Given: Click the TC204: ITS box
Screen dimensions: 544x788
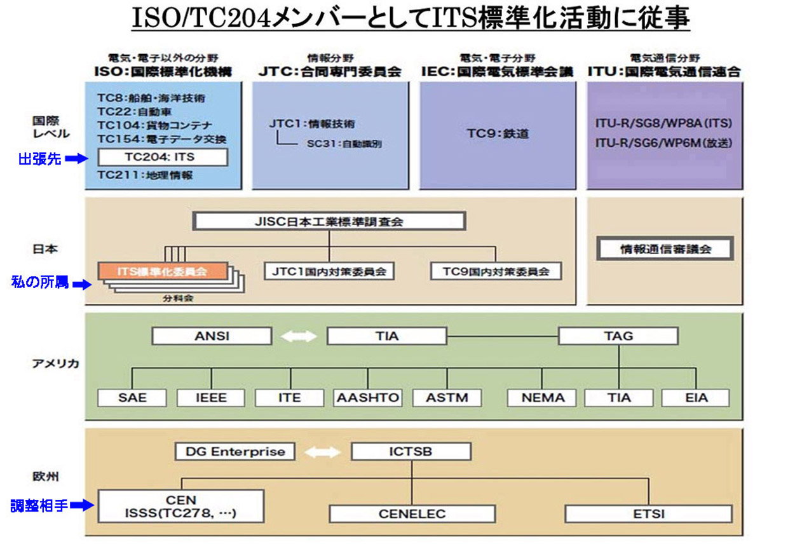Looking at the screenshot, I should point(163,156).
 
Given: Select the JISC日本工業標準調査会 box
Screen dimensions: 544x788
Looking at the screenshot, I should point(329,222).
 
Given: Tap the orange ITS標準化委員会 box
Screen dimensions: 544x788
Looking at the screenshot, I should point(163,271).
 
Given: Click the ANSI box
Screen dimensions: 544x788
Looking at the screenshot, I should point(212,336).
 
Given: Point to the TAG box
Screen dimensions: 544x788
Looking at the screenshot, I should point(618,336).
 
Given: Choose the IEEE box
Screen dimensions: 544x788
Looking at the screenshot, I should point(211,398).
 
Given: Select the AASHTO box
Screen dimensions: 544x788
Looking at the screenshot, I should point(368,398).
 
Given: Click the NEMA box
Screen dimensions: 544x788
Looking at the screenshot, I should point(543,398).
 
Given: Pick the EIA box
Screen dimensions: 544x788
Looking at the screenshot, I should point(695,398).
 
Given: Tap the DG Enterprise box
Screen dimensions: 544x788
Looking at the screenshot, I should point(235,452).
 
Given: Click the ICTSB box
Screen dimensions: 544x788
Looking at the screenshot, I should point(411,452).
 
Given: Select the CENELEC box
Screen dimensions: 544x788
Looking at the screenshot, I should point(412,513).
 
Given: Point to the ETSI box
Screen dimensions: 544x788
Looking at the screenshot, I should point(649,513).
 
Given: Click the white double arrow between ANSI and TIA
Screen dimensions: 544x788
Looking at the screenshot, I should point(299,336).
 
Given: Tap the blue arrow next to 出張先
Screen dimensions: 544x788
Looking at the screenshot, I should point(76,159).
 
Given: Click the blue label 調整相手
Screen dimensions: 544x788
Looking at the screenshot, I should point(39,506).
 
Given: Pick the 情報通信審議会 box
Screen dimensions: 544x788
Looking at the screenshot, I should point(665,249).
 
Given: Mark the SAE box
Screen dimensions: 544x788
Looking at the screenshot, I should point(132,398).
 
